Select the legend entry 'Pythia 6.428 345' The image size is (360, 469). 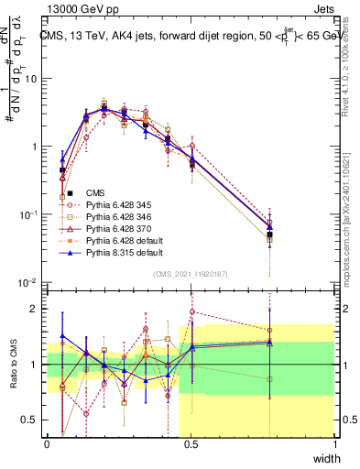click(117, 205)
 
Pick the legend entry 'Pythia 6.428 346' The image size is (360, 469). click(117, 217)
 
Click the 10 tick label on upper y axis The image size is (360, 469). click(32, 78)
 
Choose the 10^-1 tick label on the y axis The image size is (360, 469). click(29, 214)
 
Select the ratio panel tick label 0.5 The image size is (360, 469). click(33, 420)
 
